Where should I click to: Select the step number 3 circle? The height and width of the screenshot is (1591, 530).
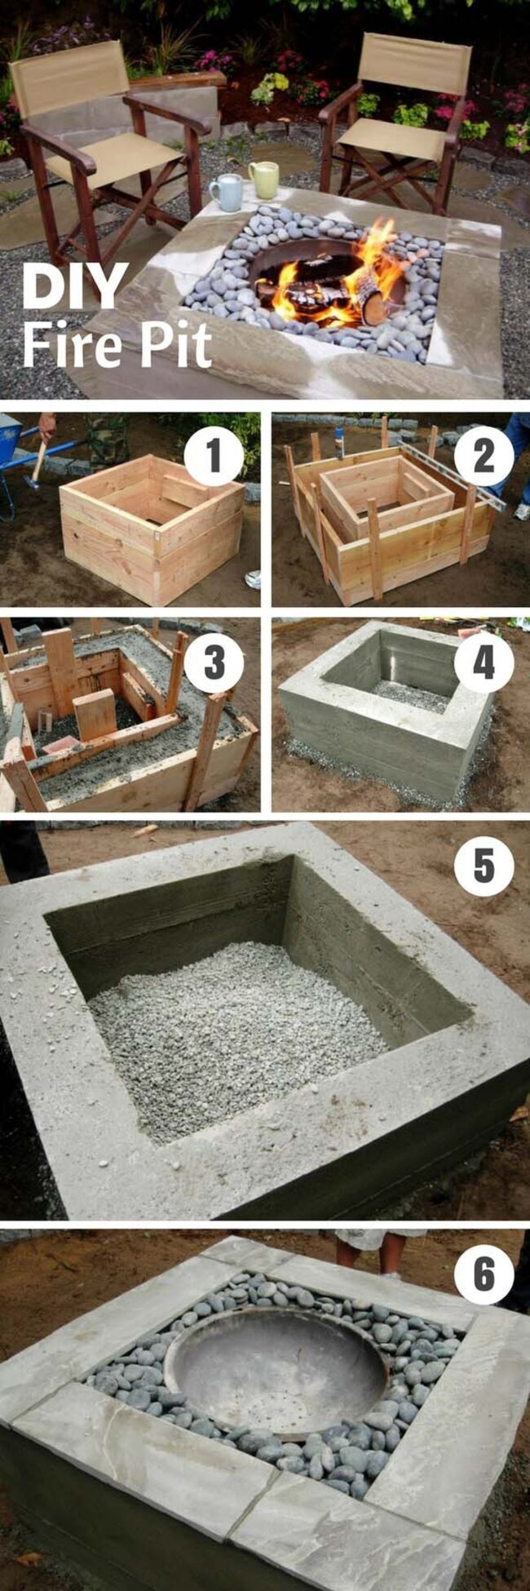(x=214, y=663)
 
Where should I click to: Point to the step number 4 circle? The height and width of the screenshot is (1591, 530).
(x=484, y=663)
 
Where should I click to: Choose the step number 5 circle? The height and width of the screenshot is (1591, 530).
(x=484, y=867)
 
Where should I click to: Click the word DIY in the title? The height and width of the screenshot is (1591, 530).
(x=75, y=286)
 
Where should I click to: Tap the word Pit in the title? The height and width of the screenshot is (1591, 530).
(x=176, y=343)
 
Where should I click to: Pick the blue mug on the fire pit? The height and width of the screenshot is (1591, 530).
(x=226, y=193)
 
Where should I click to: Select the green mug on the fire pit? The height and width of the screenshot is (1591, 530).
(x=263, y=179)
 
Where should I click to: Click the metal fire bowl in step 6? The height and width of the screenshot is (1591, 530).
(x=275, y=1372)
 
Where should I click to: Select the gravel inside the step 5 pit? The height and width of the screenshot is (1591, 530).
(x=236, y=1036)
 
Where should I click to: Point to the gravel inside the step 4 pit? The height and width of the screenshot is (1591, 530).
(x=411, y=696)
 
